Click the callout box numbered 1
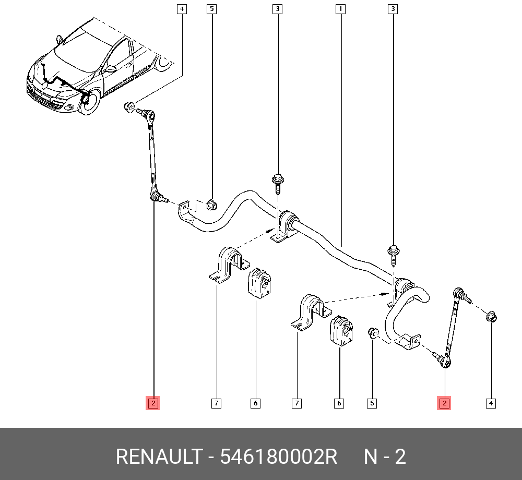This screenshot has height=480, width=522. pyautogui.click(x=340, y=9)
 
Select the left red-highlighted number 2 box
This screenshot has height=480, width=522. pyautogui.click(x=152, y=403)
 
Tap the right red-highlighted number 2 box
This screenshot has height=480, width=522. pyautogui.click(x=444, y=403)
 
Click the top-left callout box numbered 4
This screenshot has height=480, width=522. pyautogui.click(x=181, y=9)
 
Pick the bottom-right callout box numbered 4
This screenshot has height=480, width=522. pyautogui.click(x=491, y=403)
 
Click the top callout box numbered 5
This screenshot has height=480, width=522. pyautogui.click(x=211, y=9)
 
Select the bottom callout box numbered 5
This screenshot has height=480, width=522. pyautogui.click(x=372, y=403)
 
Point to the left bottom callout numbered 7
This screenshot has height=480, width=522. pyautogui.click(x=216, y=403)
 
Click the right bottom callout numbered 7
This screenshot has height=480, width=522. pyautogui.click(x=296, y=403)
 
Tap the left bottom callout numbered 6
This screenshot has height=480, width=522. pyautogui.click(x=255, y=403)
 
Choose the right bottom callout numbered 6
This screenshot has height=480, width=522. pyautogui.click(x=339, y=403)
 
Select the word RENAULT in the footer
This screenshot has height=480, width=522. pyautogui.click(x=158, y=457)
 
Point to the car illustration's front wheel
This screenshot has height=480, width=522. pyautogui.click(x=89, y=101)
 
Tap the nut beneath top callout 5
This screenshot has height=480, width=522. pyautogui.click(x=211, y=205)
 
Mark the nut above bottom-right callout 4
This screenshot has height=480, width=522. pyautogui.click(x=491, y=317)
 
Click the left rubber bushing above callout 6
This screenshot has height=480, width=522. pyautogui.click(x=259, y=284)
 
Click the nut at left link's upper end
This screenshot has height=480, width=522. pyautogui.click(x=127, y=107)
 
